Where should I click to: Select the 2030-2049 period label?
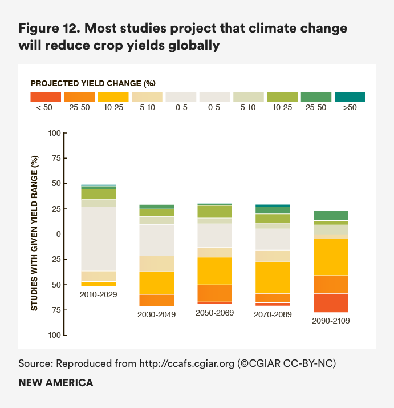point(156,314)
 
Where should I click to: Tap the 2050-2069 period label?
point(214,313)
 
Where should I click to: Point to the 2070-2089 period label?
point(272,314)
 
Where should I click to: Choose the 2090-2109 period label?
point(331,321)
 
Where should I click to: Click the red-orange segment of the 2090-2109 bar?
point(331,302)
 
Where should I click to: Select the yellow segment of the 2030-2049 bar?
point(156,283)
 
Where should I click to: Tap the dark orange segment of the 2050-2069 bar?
point(214,293)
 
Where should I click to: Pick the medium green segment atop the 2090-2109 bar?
point(331,215)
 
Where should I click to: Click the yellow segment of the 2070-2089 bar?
point(272,277)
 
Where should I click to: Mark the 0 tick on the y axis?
point(58,235)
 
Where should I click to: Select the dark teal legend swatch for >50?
point(350,97)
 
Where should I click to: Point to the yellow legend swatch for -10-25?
point(113,97)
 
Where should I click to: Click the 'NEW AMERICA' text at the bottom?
point(55,383)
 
